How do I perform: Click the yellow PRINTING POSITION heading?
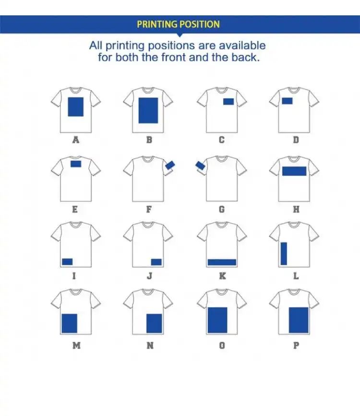pyautogui.click(x=178, y=24)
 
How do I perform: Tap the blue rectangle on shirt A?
pyautogui.click(x=75, y=107)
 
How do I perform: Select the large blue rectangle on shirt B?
pyautogui.click(x=148, y=110)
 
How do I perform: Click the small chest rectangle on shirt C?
pyautogui.click(x=228, y=101)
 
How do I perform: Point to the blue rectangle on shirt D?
pyautogui.click(x=287, y=101)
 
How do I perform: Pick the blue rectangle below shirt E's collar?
pyautogui.click(x=76, y=164)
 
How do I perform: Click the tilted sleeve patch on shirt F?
pyautogui.click(x=170, y=166)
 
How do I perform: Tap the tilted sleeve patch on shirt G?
pyautogui.click(x=201, y=166)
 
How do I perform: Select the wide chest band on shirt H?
pyautogui.click(x=294, y=171)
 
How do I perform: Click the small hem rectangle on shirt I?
pyautogui.click(x=67, y=261)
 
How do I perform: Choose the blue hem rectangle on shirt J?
pyautogui.click(x=156, y=261)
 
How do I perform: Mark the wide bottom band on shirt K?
pyautogui.click(x=222, y=262)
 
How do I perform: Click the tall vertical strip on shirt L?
pyautogui.click(x=284, y=253)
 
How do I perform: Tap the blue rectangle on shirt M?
pyautogui.click(x=69, y=323)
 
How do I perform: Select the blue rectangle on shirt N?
pyautogui.click(x=154, y=323)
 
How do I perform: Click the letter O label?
pyautogui.click(x=222, y=345)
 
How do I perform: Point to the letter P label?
pyautogui.click(x=296, y=345)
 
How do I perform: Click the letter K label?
pyautogui.click(x=222, y=276)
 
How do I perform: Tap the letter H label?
pyautogui.click(x=296, y=209)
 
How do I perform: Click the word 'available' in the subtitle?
pyautogui.click(x=240, y=46)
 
